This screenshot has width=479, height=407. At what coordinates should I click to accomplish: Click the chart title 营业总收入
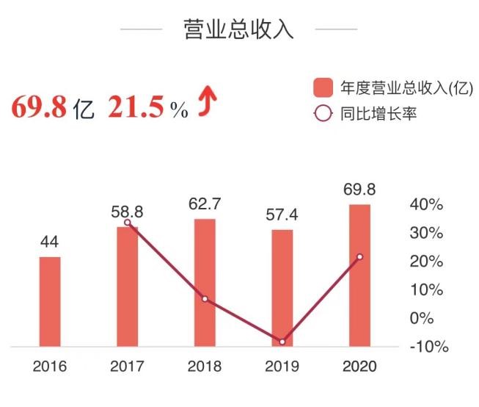coord(239,29)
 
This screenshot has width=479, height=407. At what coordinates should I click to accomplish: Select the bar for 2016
coord(50,301)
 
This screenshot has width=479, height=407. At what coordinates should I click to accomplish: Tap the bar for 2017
coord(128,287)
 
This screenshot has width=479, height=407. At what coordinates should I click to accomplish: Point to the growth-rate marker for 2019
coord(282,342)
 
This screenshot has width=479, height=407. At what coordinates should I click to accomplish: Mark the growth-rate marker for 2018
coord(205,299)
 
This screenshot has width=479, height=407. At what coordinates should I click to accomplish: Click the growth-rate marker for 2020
coord(359,257)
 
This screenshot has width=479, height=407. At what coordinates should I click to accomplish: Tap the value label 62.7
coord(205,203)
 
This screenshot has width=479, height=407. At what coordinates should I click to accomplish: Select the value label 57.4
coord(282,215)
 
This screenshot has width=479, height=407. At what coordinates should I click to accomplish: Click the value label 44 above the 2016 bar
coord(50,242)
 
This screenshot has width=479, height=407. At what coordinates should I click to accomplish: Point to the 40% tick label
coord(426,205)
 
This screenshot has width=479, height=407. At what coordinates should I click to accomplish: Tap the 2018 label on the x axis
coord(205,367)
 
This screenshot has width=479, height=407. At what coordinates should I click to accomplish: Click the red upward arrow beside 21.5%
coord(208,104)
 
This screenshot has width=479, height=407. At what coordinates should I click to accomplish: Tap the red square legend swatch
coord(323,89)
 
